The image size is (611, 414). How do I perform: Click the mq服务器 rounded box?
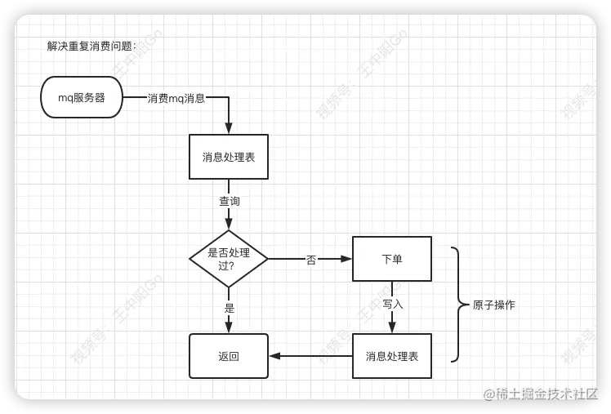[x=81, y=98]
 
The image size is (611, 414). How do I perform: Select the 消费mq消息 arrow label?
[x=176, y=98]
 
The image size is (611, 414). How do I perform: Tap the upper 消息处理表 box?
[x=229, y=157]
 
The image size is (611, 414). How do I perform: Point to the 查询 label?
[x=229, y=200]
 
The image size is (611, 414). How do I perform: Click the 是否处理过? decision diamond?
[x=229, y=258]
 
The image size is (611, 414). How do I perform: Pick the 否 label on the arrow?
[x=311, y=260]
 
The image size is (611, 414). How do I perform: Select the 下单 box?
[x=392, y=259]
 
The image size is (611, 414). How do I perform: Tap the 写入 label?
[x=393, y=304]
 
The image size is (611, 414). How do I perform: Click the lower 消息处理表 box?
[x=392, y=356]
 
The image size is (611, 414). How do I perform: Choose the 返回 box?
[x=229, y=356]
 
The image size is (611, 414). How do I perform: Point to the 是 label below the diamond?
[x=230, y=308]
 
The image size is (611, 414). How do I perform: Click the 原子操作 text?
[x=493, y=305]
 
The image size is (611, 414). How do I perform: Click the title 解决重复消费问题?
[x=91, y=46]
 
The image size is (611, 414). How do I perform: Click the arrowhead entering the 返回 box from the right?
[x=274, y=356]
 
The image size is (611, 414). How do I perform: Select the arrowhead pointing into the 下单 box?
[x=346, y=259]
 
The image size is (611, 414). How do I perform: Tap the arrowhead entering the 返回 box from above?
[x=229, y=327]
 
